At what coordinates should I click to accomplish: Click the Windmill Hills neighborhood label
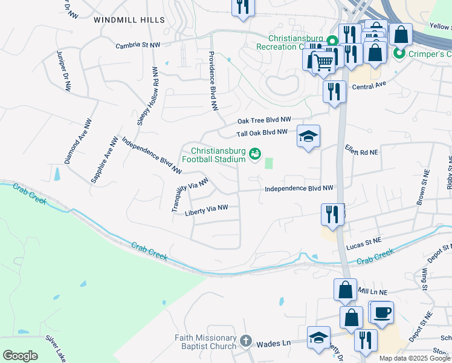[x=129, y=20]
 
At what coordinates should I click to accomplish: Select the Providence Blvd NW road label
[x=212, y=80]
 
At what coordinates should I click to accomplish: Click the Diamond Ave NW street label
[x=79, y=141]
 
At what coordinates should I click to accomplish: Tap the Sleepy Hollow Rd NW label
[x=148, y=96]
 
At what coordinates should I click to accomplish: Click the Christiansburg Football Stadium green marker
[x=255, y=155]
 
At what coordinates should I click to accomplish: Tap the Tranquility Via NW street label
[x=190, y=194]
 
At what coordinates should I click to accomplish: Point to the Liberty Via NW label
[x=206, y=210]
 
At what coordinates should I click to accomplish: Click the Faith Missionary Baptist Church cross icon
[x=245, y=341]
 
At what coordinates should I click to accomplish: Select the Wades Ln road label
[x=273, y=343]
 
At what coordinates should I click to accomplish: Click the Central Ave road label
[x=369, y=87]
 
